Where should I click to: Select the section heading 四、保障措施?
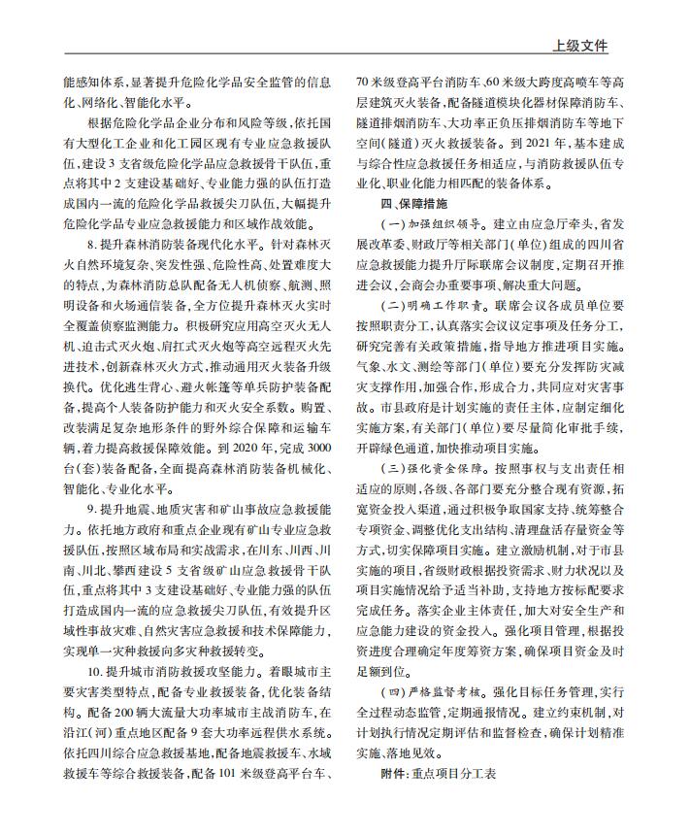[x=414, y=205]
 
